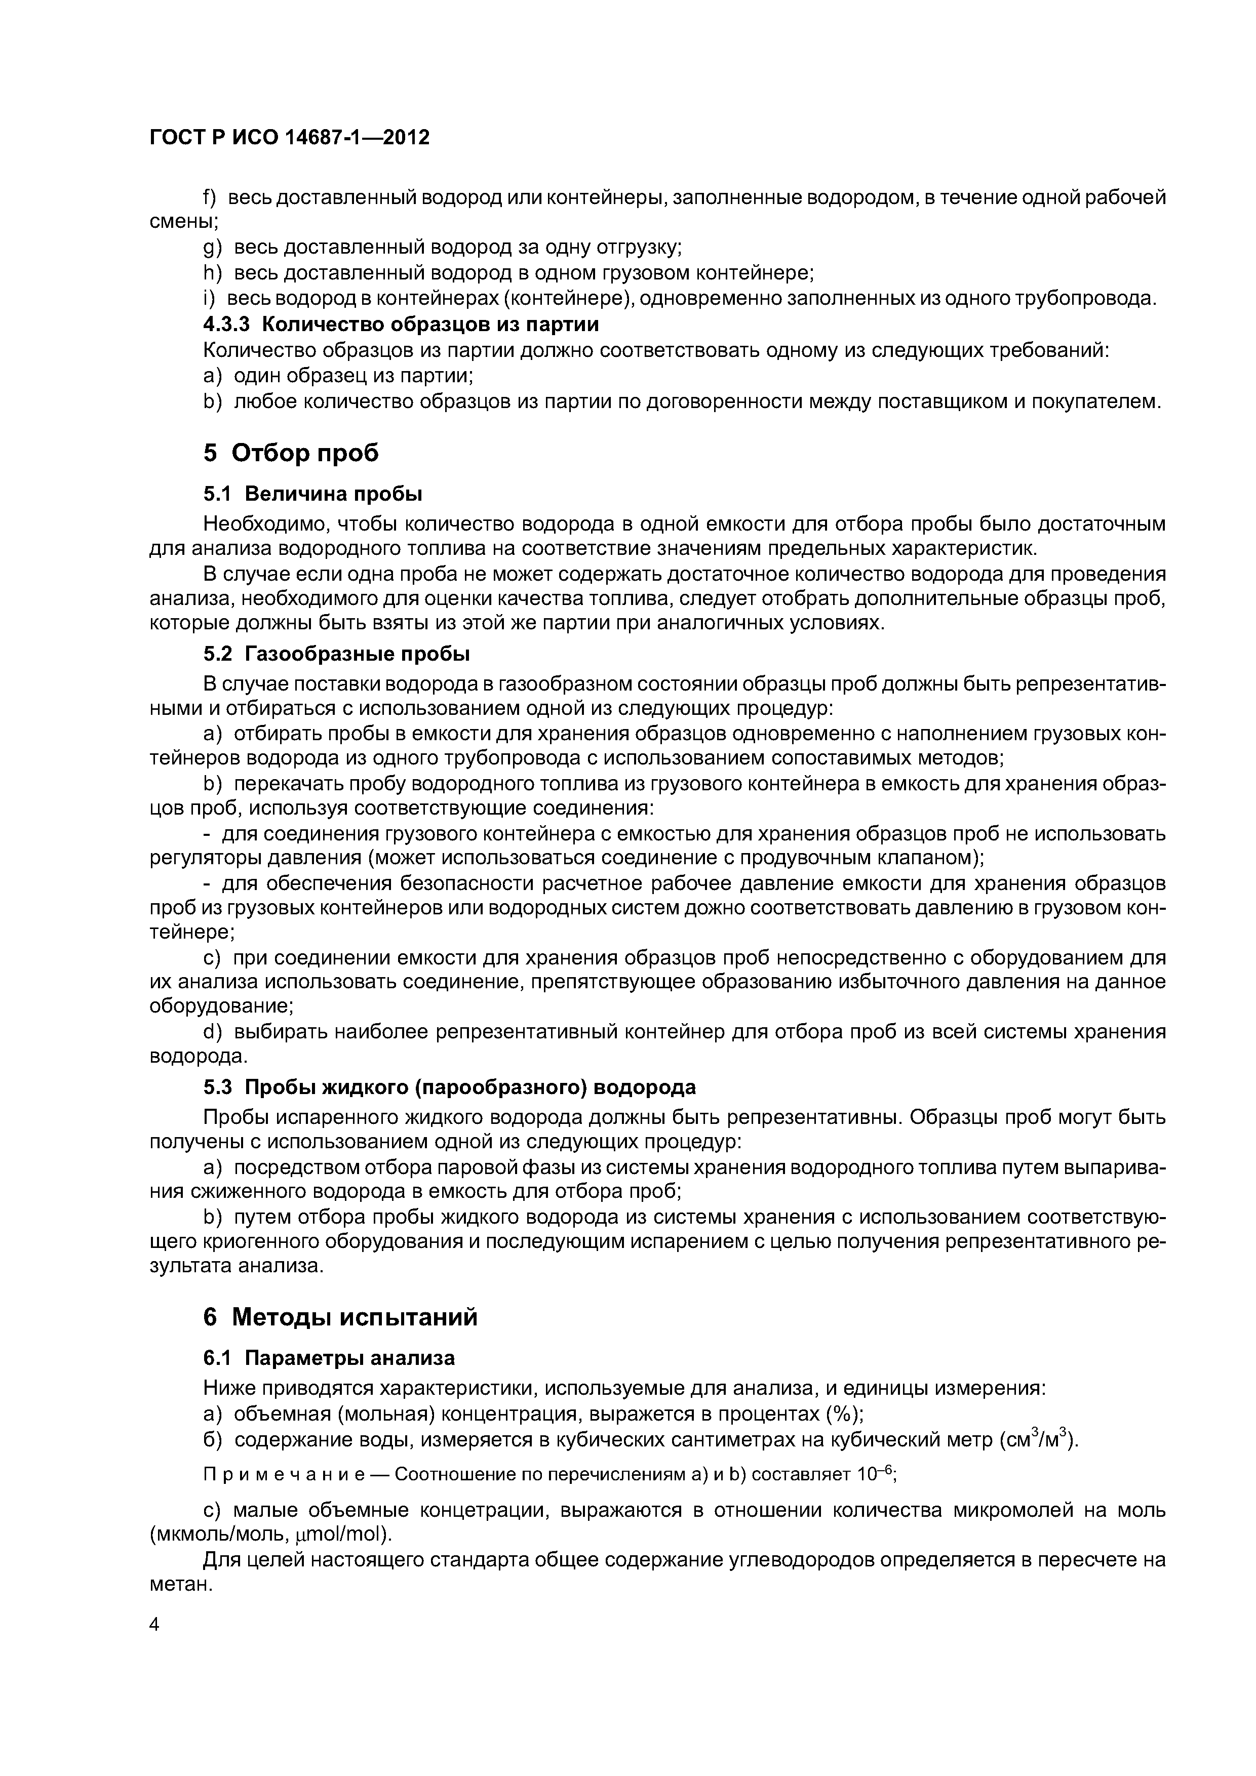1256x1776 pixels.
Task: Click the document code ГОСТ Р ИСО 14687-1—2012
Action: point(289,138)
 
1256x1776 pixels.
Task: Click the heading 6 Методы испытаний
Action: point(340,1316)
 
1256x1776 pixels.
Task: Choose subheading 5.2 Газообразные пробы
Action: point(337,655)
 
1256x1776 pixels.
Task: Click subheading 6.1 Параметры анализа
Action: point(329,1358)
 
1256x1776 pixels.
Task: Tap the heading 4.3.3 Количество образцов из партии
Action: point(401,324)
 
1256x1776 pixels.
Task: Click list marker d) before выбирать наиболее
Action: point(212,1032)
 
